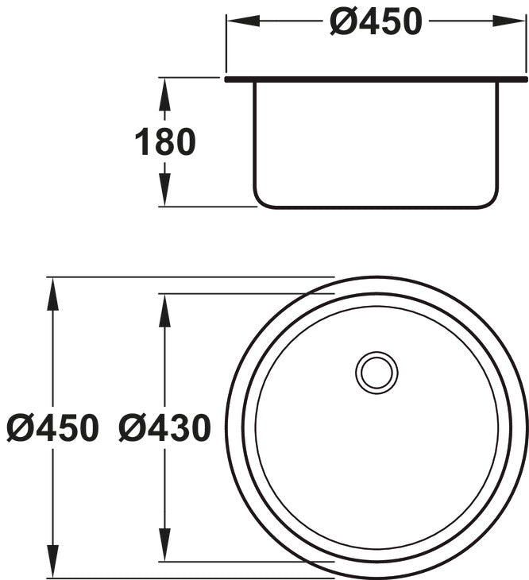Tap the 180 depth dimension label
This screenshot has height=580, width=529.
tap(165, 143)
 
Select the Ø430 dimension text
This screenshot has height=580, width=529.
tap(165, 428)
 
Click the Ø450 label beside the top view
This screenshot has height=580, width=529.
tap(52, 428)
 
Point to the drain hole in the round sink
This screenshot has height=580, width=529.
tap(376, 372)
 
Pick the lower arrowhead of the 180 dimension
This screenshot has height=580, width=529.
tap(164, 194)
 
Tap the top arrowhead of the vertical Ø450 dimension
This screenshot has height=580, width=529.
tap(52, 291)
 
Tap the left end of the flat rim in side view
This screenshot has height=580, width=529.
tap(228, 79)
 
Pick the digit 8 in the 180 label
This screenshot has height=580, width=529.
tap(165, 143)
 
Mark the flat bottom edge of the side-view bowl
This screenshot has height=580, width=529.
tap(376, 207)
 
